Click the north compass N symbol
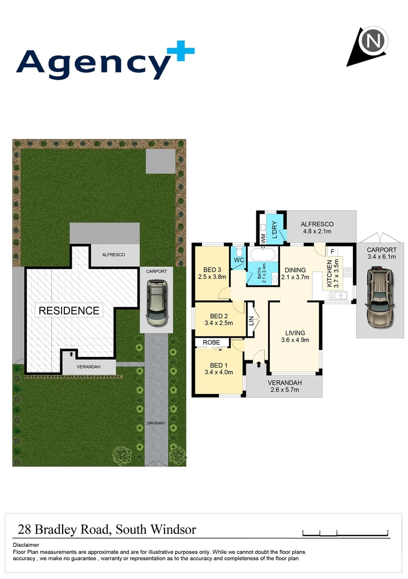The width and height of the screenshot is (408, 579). (374, 41)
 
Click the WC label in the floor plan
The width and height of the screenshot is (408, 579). (238, 261)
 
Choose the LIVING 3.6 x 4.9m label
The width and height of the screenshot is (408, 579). (295, 336)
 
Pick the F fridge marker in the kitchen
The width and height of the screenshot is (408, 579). (333, 251)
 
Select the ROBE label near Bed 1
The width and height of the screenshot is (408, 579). (211, 342)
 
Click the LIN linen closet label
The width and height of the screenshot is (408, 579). (251, 321)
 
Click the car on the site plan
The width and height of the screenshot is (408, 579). (156, 304)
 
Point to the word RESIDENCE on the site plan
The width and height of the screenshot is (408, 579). (68, 310)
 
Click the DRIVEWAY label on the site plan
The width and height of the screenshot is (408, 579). (156, 424)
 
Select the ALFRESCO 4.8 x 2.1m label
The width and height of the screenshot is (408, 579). (317, 228)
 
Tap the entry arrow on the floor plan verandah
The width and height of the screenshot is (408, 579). (259, 365)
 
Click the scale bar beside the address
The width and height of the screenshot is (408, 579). (345, 533)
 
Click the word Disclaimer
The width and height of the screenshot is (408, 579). (26, 545)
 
